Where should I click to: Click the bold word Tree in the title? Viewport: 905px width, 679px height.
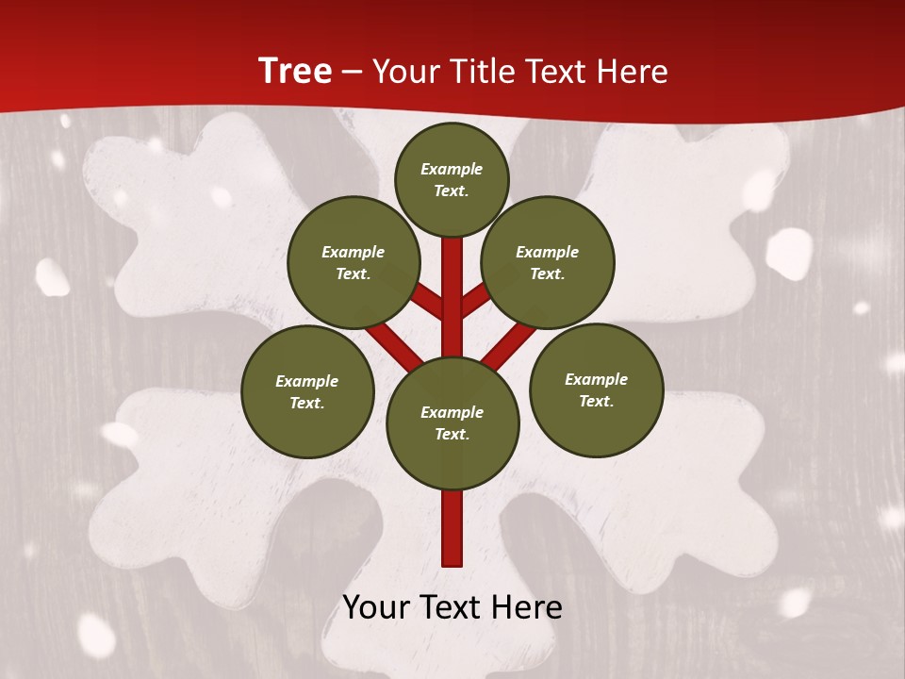click(x=295, y=71)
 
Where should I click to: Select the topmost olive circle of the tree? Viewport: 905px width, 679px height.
click(x=452, y=179)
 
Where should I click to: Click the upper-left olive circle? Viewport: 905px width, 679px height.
click(x=354, y=262)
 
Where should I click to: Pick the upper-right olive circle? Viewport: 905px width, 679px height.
click(x=548, y=262)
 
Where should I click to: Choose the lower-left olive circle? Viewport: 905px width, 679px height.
click(x=307, y=391)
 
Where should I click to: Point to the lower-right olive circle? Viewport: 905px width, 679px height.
click(x=597, y=389)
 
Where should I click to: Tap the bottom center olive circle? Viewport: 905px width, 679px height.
click(x=452, y=422)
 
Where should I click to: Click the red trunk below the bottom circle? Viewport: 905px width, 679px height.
click(x=452, y=528)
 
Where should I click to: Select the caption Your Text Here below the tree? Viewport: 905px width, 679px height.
click(x=452, y=607)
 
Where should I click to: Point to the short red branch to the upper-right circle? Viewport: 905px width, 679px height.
click(x=475, y=301)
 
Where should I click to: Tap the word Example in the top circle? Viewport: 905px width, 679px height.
click(x=452, y=169)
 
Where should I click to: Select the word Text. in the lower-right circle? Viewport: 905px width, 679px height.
click(x=597, y=402)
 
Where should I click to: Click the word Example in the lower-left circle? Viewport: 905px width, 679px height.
click(x=307, y=381)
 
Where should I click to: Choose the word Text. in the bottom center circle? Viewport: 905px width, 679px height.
click(x=452, y=435)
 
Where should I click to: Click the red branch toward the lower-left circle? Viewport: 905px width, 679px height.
click(x=394, y=346)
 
